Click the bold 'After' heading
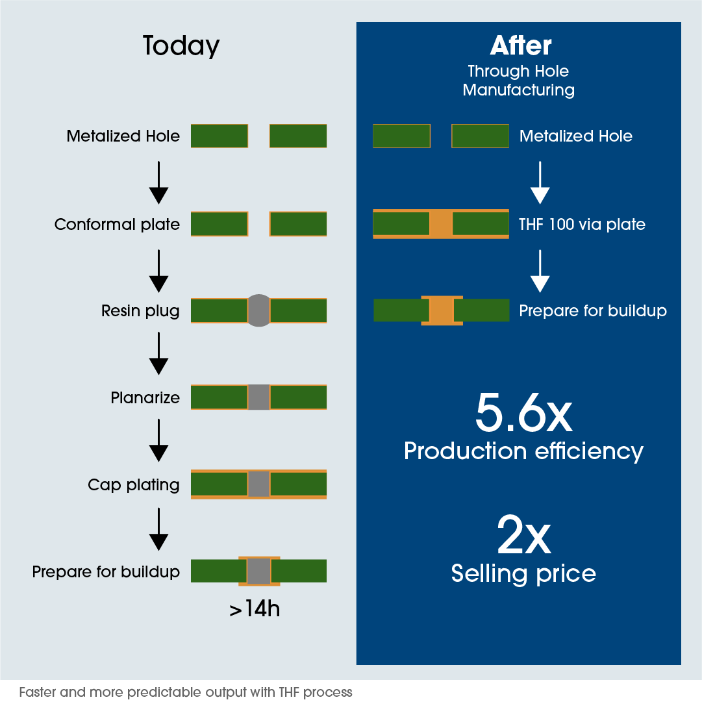521,45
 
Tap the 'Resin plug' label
140,311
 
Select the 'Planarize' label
145,397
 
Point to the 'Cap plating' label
133,485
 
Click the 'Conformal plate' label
117,224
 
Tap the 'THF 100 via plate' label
582,224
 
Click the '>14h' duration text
255,609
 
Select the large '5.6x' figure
523,412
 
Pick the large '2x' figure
524,534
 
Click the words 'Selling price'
523,574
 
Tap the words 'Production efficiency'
523,451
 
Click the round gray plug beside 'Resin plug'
258,310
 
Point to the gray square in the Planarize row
258,397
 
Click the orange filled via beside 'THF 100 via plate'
441,224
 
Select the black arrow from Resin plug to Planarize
158,353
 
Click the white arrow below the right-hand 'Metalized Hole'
540,182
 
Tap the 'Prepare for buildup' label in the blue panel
593,311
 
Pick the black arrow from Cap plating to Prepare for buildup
158,529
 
